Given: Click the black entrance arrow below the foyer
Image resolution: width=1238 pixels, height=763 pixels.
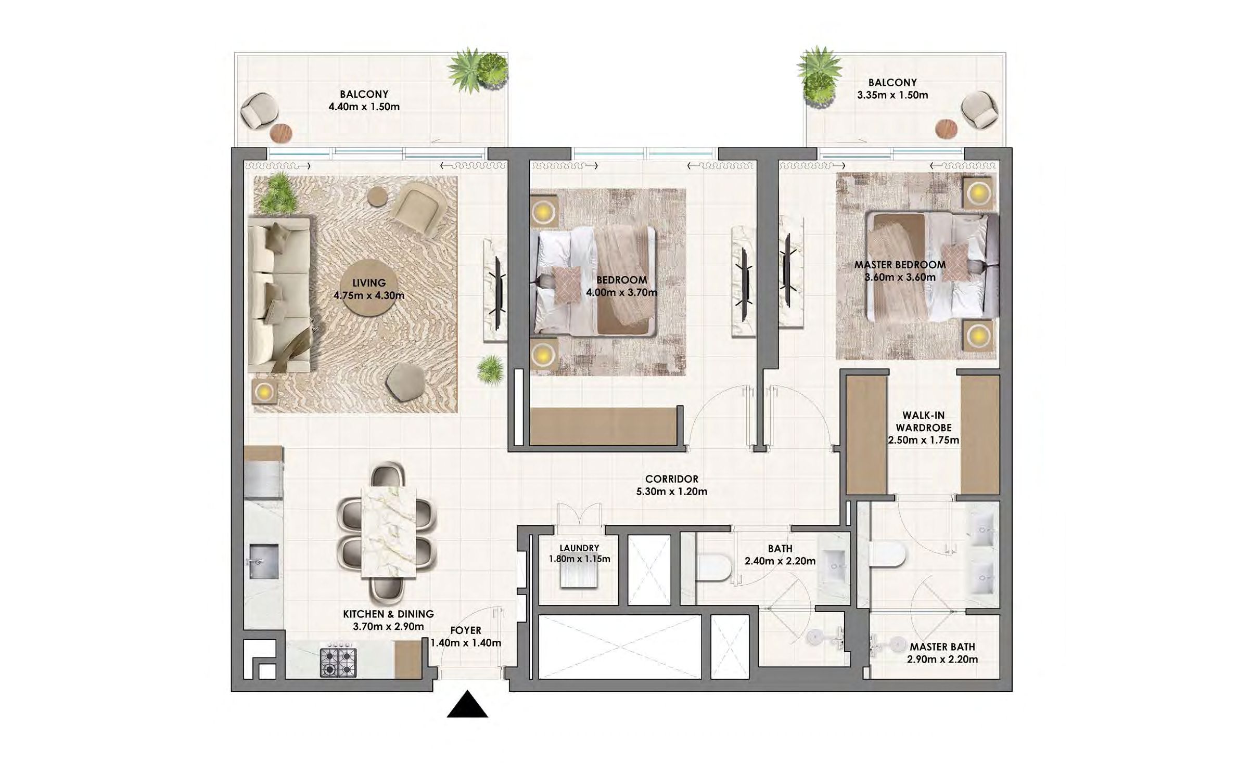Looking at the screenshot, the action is (467, 704).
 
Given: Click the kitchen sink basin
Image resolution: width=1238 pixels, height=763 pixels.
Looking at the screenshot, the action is (264, 561).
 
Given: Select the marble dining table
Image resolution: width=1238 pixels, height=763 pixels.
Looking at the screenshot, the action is (389, 532).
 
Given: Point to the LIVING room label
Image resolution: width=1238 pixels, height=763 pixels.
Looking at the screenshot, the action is (369, 283).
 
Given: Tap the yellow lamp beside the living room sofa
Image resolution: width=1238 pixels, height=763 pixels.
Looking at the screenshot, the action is (265, 391).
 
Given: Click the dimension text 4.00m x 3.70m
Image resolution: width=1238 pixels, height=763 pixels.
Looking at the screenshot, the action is (621, 292).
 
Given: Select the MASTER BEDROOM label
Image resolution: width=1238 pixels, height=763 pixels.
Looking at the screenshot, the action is (900, 265).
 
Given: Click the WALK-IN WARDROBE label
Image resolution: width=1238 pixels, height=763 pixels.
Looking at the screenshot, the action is (923, 421).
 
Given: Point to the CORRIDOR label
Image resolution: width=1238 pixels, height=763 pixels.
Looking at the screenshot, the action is (672, 479).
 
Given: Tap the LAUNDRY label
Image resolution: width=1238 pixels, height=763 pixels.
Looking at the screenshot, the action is (579, 548).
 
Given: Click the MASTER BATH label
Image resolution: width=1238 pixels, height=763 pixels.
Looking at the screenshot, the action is (942, 647).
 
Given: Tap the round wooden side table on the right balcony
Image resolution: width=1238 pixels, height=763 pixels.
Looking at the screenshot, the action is (946, 128).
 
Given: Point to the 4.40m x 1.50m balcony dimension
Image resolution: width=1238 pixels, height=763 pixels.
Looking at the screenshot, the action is (364, 107).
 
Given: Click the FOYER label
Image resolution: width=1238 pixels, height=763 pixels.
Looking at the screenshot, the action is (466, 630).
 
